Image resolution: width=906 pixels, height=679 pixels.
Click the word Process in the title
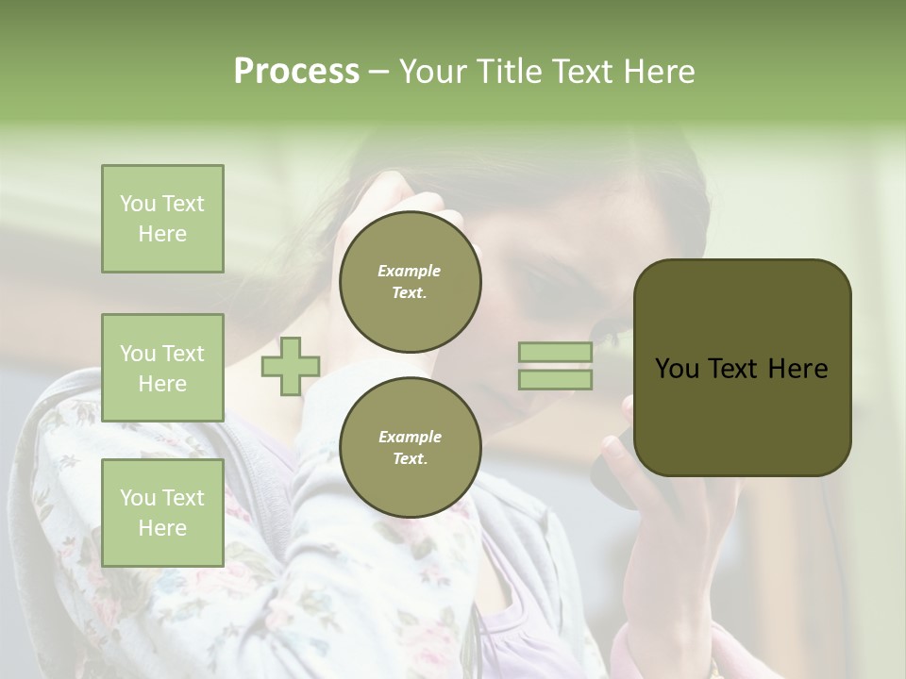pos(296,72)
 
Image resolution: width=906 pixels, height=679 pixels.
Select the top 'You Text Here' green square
pos(162,219)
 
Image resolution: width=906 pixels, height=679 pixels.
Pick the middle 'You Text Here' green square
pos(162,368)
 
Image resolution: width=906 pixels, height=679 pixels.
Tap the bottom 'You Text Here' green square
pos(162,513)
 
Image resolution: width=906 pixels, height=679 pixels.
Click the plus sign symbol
pos(291,366)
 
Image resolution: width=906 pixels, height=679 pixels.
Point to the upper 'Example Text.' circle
pos(410,281)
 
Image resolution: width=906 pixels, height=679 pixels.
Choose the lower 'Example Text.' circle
pos(410,447)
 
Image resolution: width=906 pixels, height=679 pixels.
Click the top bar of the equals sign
pos(555,353)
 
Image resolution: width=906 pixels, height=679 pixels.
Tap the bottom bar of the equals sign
pos(555,379)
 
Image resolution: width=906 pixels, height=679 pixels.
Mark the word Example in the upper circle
pos(410,271)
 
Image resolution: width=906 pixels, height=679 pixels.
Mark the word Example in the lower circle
pos(410,437)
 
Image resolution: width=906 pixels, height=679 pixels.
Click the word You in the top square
pos(138,204)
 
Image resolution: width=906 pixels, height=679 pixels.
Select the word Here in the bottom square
pos(162,528)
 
